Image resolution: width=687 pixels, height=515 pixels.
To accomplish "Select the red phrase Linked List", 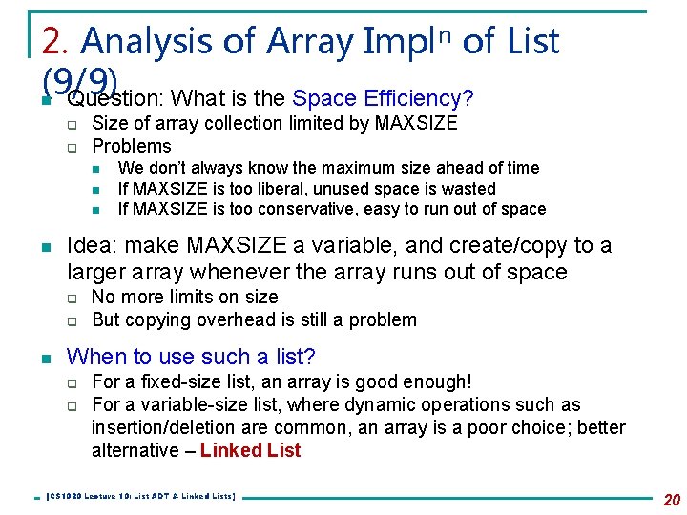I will (x=251, y=450).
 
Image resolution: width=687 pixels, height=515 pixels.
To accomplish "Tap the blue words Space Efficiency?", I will (x=384, y=98).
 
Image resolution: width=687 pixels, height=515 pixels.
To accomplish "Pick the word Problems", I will (x=132, y=146).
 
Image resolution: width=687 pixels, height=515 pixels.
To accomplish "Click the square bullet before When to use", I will (x=45, y=359).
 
